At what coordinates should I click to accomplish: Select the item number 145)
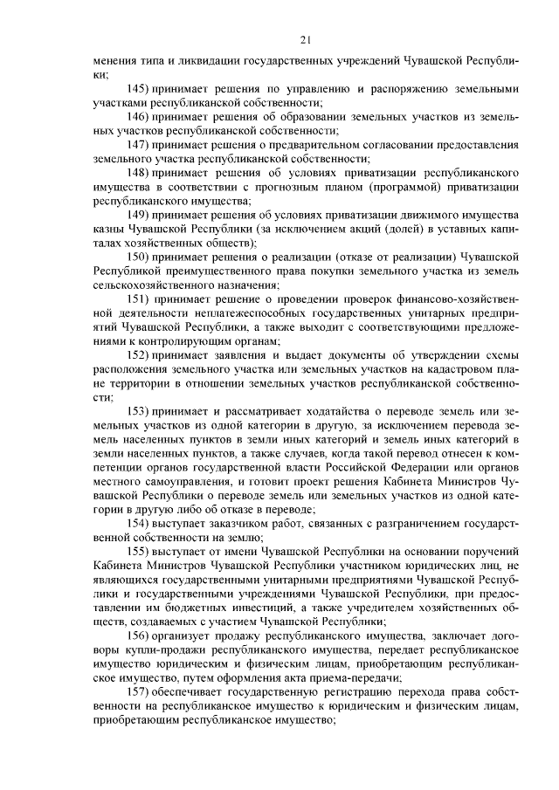tap(139, 89)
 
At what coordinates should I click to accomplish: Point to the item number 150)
tap(139, 259)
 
